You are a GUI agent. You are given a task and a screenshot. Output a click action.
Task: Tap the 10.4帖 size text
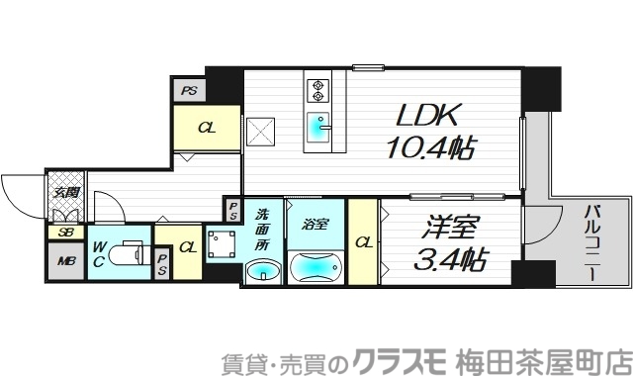(x=430, y=148)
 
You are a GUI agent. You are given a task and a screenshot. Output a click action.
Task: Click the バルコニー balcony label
(x=592, y=243)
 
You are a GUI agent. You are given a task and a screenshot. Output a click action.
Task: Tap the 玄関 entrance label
(x=67, y=192)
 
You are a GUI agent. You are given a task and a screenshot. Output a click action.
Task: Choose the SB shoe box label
(x=66, y=233)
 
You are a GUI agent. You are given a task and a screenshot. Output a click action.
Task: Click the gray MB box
(x=66, y=262)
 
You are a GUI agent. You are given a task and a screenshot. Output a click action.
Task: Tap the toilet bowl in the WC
(x=126, y=254)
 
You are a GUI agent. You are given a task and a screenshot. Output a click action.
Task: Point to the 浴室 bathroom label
(x=316, y=224)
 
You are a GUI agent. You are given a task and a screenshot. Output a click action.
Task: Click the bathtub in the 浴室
(x=316, y=268)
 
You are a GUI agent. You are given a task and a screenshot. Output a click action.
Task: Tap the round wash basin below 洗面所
(x=262, y=270)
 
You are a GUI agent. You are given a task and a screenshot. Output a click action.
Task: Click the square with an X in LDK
(x=261, y=132)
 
